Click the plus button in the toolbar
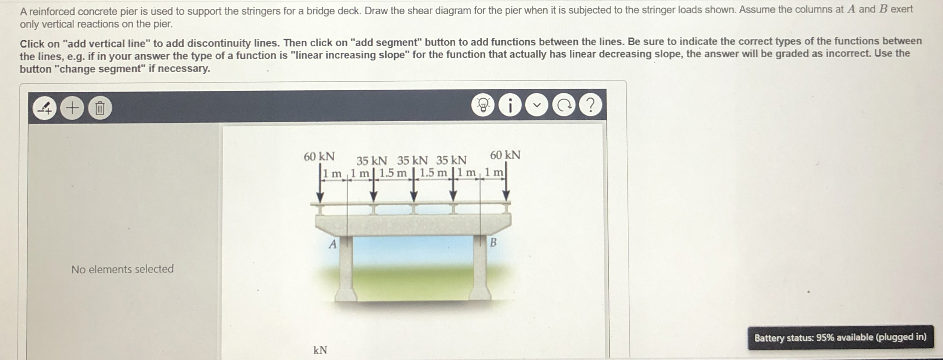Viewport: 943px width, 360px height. coord(72,108)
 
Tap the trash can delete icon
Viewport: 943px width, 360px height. coord(100,109)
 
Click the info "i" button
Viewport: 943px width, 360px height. coord(510,106)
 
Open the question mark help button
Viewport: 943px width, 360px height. coord(591,105)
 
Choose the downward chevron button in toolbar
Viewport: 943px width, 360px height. coord(537,106)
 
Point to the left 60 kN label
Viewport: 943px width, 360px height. coord(319,156)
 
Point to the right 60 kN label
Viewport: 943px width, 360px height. coord(505,155)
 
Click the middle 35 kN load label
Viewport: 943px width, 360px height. coord(412,161)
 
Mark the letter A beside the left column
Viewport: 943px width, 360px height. coord(333,244)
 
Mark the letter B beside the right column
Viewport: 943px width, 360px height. coord(493,243)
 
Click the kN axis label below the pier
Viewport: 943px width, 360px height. coord(320,350)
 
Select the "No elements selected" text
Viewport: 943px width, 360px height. coord(122,269)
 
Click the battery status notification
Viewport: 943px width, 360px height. coord(840,337)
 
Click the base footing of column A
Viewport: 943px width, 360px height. coord(346,294)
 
